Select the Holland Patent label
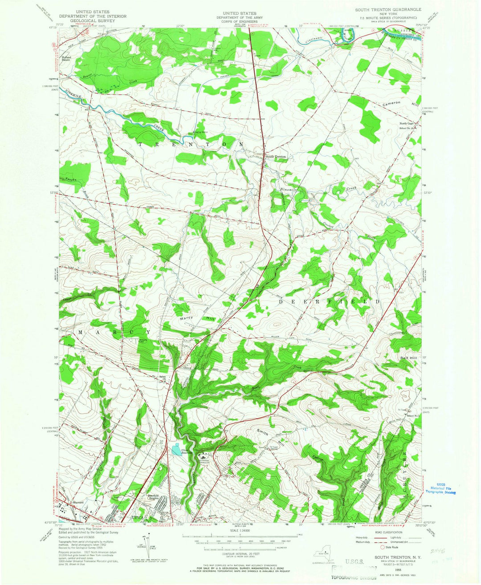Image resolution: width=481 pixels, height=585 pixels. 69,58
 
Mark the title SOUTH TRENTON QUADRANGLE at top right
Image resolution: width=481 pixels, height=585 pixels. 387,9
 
